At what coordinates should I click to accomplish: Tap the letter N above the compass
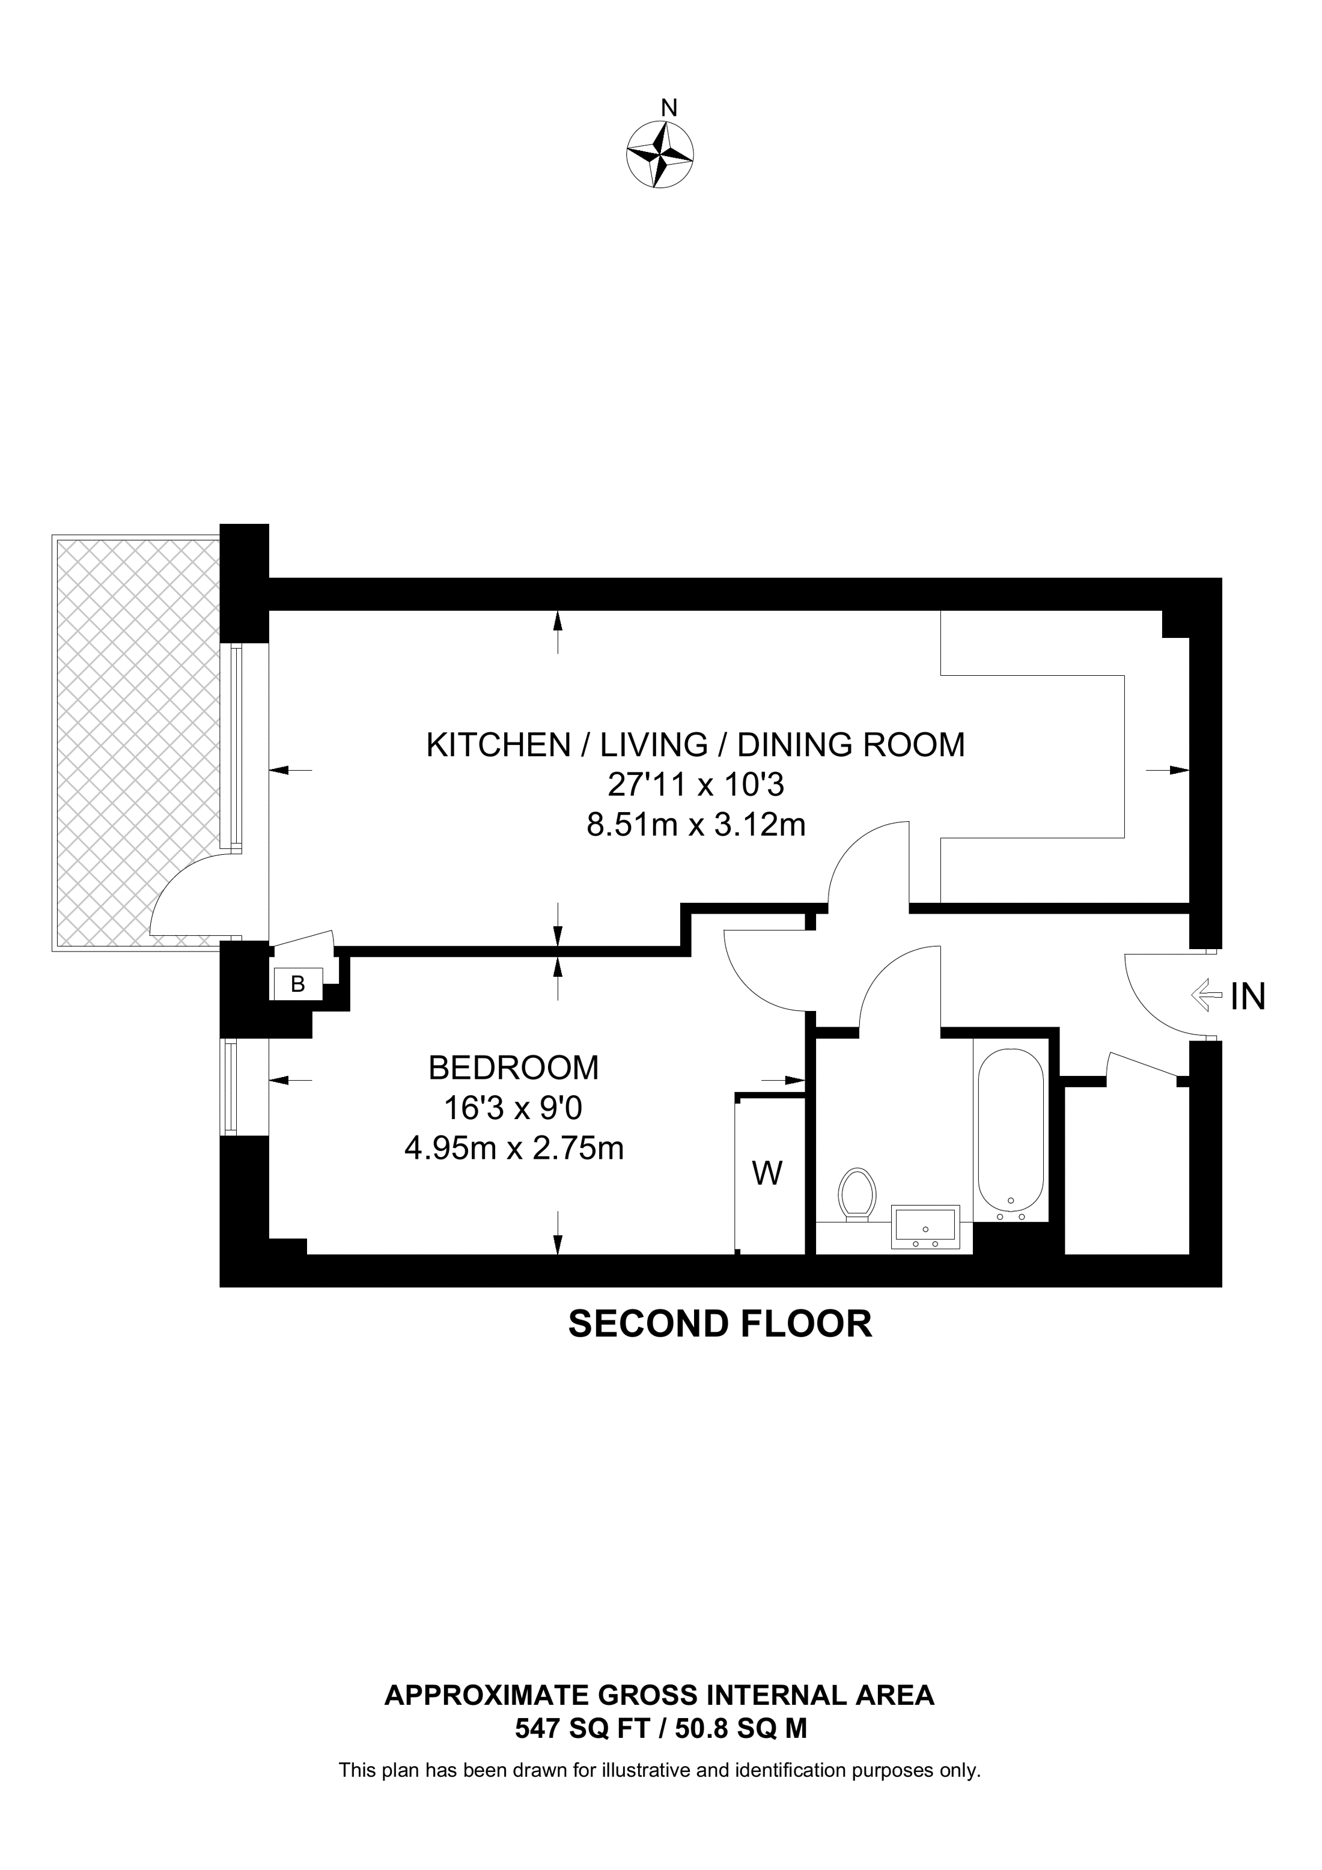click(x=669, y=108)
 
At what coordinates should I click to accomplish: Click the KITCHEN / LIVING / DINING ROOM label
click(x=696, y=745)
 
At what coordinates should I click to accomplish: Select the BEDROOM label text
click(x=513, y=1068)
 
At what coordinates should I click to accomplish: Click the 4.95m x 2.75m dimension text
click(x=513, y=1149)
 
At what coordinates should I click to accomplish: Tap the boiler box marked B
click(x=298, y=984)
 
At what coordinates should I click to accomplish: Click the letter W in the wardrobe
click(x=767, y=1174)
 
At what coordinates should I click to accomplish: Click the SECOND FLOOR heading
click(x=720, y=1325)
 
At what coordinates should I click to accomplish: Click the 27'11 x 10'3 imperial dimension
click(x=696, y=785)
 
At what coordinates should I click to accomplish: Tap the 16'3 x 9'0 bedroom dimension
click(x=513, y=1108)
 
